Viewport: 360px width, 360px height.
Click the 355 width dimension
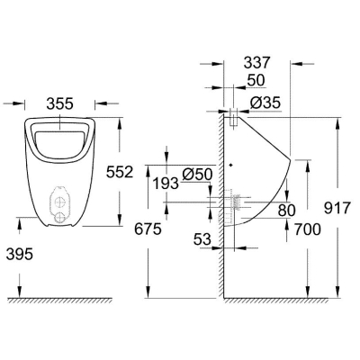pyautogui.click(x=59, y=103)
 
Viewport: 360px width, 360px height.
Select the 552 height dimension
pyautogui.click(x=120, y=172)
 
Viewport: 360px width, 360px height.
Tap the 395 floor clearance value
pyautogui.click(x=20, y=255)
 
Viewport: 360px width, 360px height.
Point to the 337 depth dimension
pyautogui.click(x=257, y=63)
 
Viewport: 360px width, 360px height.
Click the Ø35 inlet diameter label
pyautogui.click(x=265, y=103)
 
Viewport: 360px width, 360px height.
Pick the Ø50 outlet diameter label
pyautogui.click(x=197, y=174)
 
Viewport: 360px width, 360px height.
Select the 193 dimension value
pyautogui.click(x=166, y=184)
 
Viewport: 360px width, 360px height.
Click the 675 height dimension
pyautogui.click(x=148, y=229)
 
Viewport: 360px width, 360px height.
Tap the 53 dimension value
pyautogui.click(x=202, y=239)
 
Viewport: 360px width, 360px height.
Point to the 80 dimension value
pyautogui.click(x=287, y=211)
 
